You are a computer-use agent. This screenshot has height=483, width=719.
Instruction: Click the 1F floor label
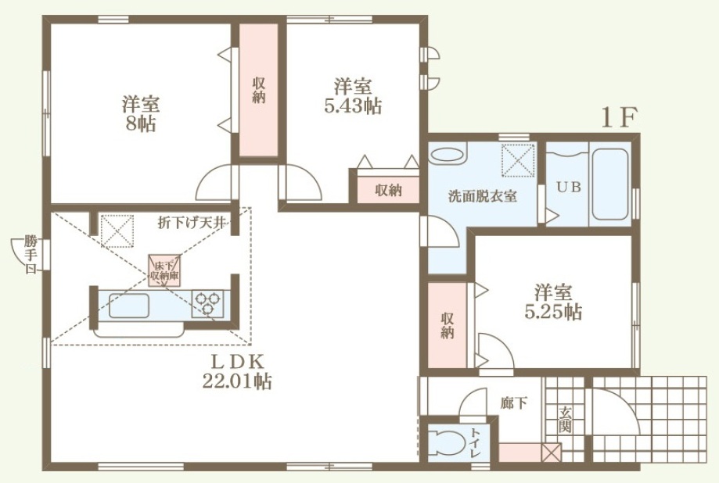coord(619,118)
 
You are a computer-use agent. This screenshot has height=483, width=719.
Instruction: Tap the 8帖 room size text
coord(141,123)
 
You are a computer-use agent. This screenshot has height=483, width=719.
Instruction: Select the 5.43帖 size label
coord(353,106)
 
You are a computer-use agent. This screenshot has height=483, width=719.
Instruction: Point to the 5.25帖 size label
coord(553,312)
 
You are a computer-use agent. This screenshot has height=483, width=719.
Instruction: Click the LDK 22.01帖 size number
coord(237,381)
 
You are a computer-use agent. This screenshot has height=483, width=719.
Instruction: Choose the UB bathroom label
coord(569,187)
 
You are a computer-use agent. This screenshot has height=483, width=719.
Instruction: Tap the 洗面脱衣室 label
coord(482,197)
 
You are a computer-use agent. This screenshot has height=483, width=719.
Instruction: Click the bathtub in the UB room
coord(609,184)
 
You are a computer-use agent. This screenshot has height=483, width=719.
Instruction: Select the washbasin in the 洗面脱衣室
coord(448,153)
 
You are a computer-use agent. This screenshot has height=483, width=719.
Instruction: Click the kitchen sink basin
coord(129,306)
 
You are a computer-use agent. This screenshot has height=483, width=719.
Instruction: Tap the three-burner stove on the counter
coord(207,304)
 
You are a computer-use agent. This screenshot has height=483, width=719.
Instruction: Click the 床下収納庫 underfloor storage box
coord(164,271)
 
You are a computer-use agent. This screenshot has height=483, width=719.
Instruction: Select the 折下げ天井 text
coord(192,223)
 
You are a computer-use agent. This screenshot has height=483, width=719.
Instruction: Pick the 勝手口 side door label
coord(31,254)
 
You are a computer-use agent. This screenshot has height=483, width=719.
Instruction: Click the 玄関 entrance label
coord(565,420)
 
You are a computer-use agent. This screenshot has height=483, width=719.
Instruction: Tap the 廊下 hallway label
coord(513,403)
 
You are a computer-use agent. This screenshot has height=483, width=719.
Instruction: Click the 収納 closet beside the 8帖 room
coord(259,91)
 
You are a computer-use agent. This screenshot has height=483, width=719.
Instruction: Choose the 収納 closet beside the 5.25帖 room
coord(447,325)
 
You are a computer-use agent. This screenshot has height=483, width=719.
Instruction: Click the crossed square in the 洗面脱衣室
coord(519,160)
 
